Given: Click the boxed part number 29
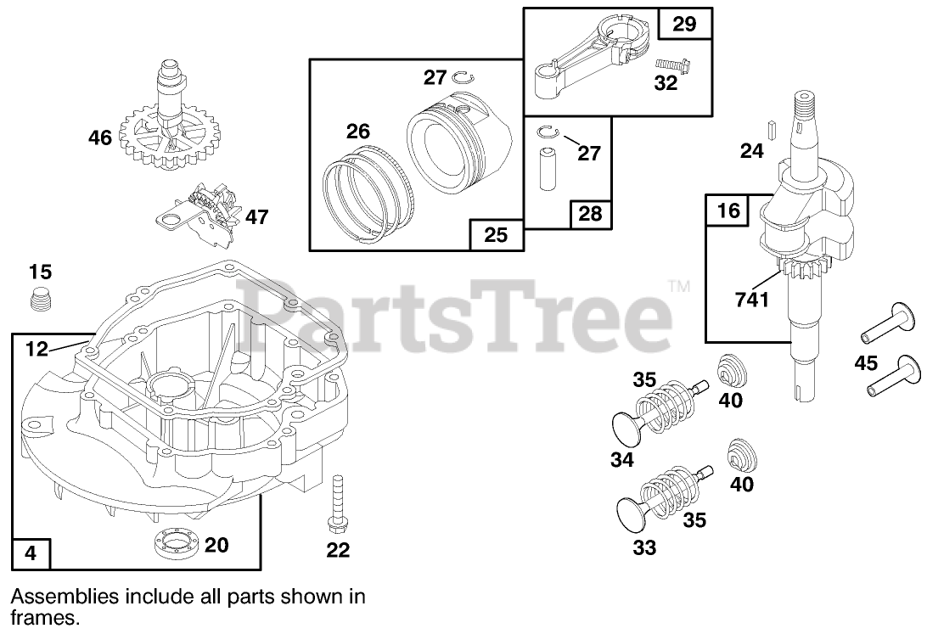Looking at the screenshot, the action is tap(684, 24).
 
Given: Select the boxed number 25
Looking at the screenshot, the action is tap(496, 234).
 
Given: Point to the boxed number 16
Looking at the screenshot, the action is tap(728, 210).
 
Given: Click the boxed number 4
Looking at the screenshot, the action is tap(31, 553).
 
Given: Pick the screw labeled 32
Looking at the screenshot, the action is tap(668, 64).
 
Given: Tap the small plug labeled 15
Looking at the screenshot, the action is tap(40, 299).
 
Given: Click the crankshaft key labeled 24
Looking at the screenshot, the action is tap(771, 129).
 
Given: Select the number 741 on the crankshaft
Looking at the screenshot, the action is tap(752, 300).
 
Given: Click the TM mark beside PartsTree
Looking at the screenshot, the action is tap(679, 287).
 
